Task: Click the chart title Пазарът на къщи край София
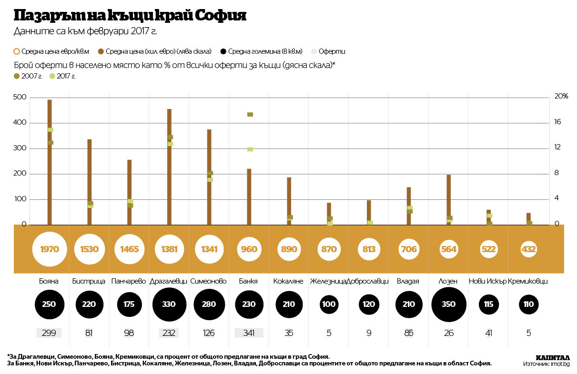pyautogui.click(x=130, y=16)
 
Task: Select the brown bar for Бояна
pyautogui.click(x=50, y=162)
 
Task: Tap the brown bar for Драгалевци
pyautogui.click(x=169, y=167)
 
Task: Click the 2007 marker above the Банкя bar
pyautogui.click(x=250, y=115)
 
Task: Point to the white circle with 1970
pyautogui.click(x=50, y=249)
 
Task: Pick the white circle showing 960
pyautogui.click(x=249, y=249)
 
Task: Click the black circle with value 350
pyautogui.click(x=449, y=305)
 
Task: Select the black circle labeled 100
pyautogui.click(x=329, y=305)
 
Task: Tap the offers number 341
pyautogui.click(x=249, y=333)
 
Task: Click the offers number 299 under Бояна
pyautogui.click(x=50, y=333)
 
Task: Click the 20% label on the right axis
pyautogui.click(x=562, y=97)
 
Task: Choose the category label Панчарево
pyautogui.click(x=129, y=281)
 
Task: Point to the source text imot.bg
pyautogui.click(x=560, y=364)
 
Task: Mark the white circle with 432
pyautogui.click(x=529, y=249)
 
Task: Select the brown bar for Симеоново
pyautogui.click(x=209, y=177)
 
